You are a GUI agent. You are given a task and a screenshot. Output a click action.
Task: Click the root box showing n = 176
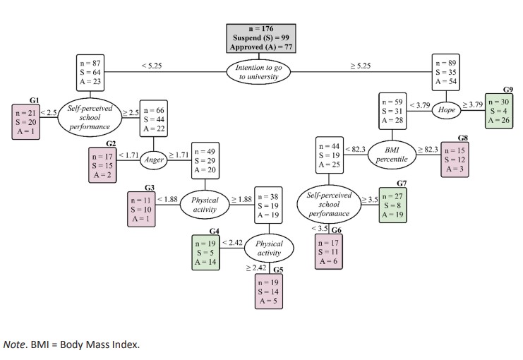[x=261, y=38]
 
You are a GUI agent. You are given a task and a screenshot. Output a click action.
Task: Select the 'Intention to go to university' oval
[x=261, y=71]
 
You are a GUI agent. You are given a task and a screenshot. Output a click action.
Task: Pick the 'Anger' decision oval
[x=154, y=160]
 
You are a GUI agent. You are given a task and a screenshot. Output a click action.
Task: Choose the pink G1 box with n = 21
[x=25, y=121]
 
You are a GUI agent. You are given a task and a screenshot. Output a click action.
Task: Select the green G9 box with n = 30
[x=498, y=111]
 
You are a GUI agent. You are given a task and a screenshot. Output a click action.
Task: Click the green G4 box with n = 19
[x=207, y=253]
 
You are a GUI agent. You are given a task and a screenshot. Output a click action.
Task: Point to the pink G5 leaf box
[x=268, y=290]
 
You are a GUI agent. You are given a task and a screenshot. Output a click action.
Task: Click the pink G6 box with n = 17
[x=330, y=251]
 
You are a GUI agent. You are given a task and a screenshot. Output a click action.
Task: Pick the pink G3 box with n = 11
[x=141, y=209]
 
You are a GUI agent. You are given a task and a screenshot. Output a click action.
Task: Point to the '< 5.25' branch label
[x=152, y=66]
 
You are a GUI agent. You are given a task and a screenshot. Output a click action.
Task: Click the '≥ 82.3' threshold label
[x=428, y=150]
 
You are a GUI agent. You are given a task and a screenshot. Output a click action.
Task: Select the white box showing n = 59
[x=392, y=111]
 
